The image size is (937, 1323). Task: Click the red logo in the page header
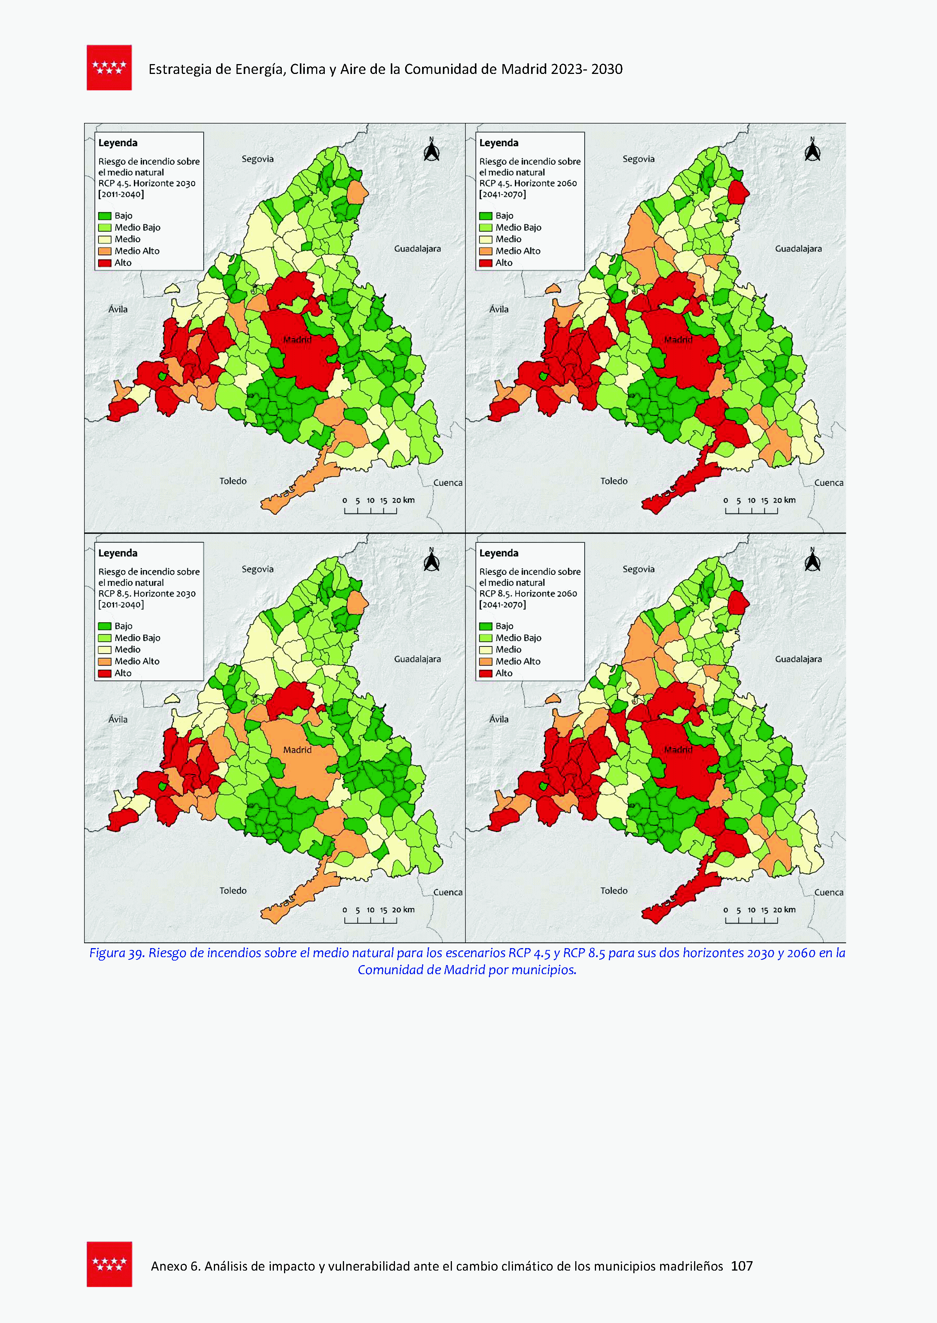[109, 68]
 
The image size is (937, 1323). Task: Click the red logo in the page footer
[109, 1264]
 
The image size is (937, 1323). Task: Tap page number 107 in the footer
[741, 1266]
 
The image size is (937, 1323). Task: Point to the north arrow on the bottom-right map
[813, 560]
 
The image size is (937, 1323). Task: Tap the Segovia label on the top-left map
[257, 159]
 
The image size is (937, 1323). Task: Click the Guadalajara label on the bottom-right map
[798, 658]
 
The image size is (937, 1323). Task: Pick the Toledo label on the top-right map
[613, 481]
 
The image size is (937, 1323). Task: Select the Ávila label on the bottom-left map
[118, 719]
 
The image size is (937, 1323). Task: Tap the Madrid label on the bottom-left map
[297, 750]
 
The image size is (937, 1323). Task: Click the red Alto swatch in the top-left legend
[104, 263]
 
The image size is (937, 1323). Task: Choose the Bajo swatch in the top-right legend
[485, 216]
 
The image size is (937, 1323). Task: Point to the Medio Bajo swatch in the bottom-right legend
[485, 638]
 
